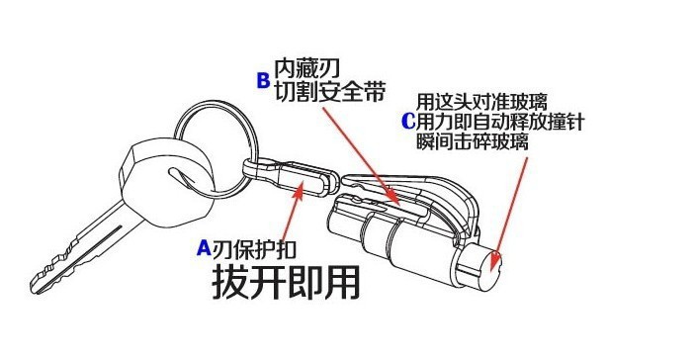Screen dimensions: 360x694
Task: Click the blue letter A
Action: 205,246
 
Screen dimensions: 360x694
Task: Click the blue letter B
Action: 263,81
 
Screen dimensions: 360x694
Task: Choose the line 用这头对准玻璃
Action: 481,101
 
